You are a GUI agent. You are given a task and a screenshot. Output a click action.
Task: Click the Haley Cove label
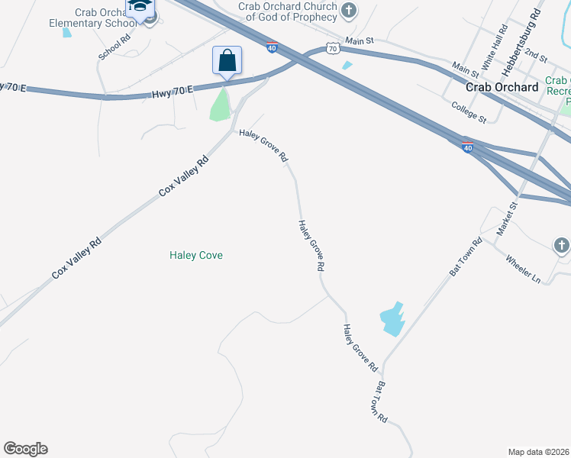click(x=196, y=255)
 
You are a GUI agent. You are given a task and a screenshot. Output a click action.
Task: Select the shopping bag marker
click(x=227, y=60)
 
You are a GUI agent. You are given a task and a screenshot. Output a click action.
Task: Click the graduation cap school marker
click(x=140, y=7)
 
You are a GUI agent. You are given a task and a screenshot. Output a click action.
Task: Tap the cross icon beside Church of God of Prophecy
click(x=349, y=10)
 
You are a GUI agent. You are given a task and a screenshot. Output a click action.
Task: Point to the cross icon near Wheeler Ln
click(x=561, y=246)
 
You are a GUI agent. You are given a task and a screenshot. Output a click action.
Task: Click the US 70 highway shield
click(x=331, y=48)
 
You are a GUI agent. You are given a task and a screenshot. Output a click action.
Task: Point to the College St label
click(x=469, y=112)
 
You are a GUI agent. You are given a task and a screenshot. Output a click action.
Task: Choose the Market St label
click(x=507, y=218)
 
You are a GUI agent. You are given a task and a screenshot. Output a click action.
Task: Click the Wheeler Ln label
click(x=522, y=269)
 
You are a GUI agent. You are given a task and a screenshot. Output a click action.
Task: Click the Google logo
click(x=25, y=449)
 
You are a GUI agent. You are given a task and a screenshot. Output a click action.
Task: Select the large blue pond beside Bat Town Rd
click(x=391, y=318)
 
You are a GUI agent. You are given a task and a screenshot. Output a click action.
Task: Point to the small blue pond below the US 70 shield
click(x=347, y=66)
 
